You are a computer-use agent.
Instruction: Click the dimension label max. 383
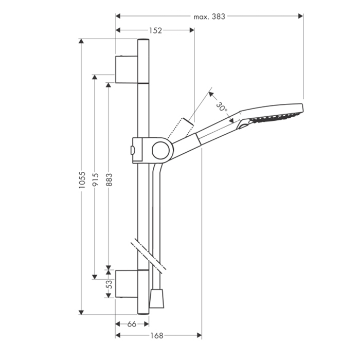[209, 17]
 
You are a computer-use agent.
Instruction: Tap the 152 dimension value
[155, 30]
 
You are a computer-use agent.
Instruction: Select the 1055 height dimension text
[82, 180]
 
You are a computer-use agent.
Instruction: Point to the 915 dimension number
[95, 179]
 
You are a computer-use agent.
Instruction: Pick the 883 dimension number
[109, 179]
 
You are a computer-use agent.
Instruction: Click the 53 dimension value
[110, 284]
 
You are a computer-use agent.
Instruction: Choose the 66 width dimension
[132, 324]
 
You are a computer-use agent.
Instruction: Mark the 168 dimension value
[156, 336]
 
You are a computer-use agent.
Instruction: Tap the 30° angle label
[222, 107]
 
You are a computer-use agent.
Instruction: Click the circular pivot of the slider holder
[160, 151]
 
